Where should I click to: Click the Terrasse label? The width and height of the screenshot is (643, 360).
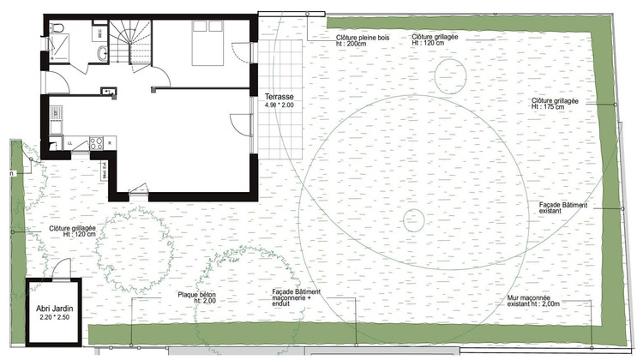[x=279, y=96]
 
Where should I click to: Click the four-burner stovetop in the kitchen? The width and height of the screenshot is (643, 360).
[x=98, y=142]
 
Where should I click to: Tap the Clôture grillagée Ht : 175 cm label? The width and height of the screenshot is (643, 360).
[x=555, y=104]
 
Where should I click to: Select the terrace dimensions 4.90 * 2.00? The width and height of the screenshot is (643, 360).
[x=279, y=106]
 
